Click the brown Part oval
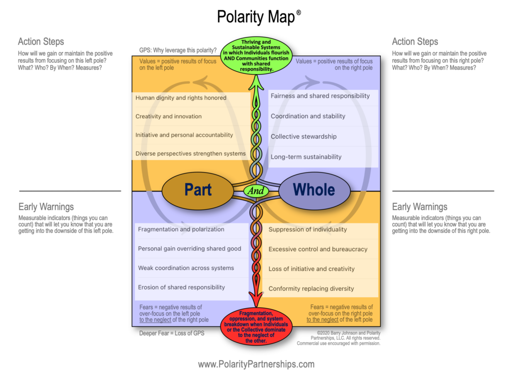point(198,189)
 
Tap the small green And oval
point(256,190)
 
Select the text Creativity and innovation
point(169,116)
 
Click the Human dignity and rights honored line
point(181,98)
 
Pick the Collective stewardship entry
point(303,136)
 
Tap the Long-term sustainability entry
point(306,157)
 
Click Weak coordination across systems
point(186,268)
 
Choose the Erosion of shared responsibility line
point(181,287)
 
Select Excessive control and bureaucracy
point(318,249)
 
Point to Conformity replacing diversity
point(311,288)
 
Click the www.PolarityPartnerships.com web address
point(256,364)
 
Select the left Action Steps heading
point(41,41)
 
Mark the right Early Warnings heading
point(420,206)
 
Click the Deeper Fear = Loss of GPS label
point(172,333)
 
